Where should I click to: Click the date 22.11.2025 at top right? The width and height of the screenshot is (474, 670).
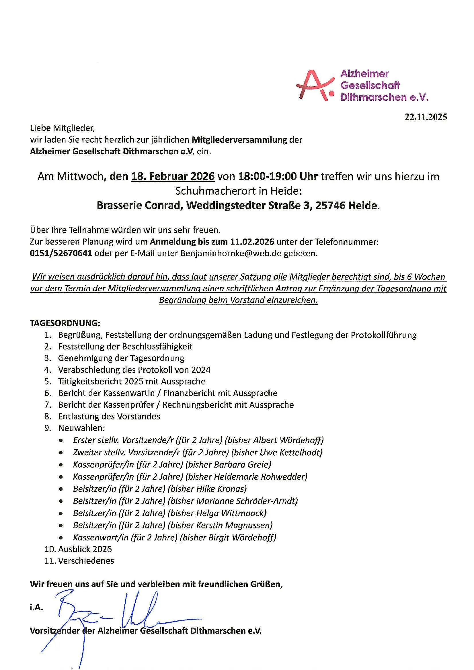(x=425, y=117)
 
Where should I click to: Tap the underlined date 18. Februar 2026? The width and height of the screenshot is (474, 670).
(x=173, y=177)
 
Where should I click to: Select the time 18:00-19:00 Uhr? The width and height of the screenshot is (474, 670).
(x=278, y=177)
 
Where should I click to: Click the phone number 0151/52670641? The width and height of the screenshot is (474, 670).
(x=61, y=253)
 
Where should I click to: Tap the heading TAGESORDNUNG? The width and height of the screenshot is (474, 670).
(x=65, y=323)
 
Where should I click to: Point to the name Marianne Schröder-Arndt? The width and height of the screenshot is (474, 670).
(x=247, y=501)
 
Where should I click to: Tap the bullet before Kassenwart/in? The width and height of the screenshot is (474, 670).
(x=61, y=538)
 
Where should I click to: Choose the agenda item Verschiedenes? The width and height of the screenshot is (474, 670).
(x=86, y=561)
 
